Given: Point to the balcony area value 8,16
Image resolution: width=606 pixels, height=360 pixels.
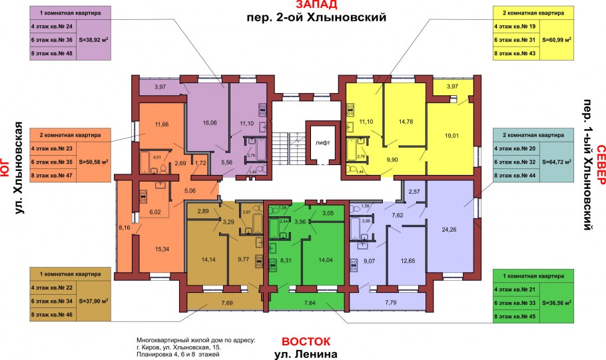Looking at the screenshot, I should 125,226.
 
